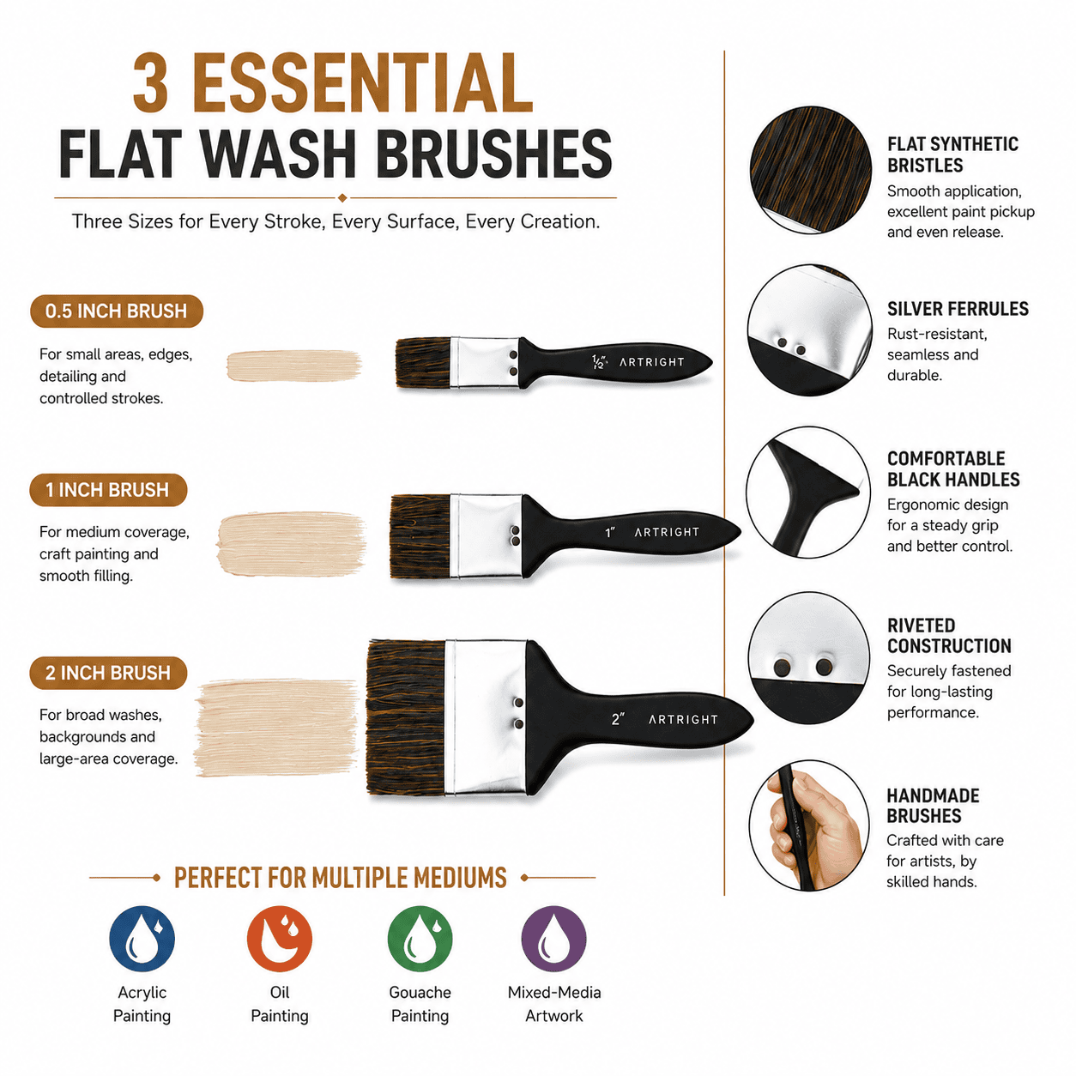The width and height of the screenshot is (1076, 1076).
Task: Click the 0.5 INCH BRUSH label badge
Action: click(116, 311)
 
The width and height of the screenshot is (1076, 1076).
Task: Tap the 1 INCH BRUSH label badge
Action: click(108, 490)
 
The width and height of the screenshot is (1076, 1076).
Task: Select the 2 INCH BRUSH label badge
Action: click(108, 673)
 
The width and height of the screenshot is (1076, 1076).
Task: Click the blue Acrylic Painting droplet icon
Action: click(142, 939)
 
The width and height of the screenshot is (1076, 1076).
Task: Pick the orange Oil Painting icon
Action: click(279, 939)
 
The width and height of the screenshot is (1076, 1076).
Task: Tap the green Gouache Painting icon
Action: click(420, 939)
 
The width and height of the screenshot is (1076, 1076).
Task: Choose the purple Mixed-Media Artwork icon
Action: click(553, 939)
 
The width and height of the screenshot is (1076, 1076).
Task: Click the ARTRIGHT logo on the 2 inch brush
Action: click(683, 720)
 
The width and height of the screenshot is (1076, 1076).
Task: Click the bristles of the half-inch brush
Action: click(423, 362)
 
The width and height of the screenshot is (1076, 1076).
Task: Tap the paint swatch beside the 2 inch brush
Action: click(275, 728)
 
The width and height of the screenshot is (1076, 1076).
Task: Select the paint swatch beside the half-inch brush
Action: click(293, 366)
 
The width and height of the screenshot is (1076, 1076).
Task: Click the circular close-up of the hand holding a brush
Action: click(809, 825)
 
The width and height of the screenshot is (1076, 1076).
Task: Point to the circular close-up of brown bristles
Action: click(810, 170)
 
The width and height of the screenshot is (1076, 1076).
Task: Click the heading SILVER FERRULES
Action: click(958, 309)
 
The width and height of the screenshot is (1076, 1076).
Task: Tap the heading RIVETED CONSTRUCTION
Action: click(949, 636)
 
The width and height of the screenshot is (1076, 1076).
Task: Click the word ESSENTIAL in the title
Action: click(366, 82)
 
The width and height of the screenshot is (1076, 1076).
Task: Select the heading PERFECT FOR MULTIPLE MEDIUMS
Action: click(341, 877)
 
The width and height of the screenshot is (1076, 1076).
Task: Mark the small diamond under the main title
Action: click(342, 197)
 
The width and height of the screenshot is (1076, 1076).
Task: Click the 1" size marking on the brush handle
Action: click(610, 533)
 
